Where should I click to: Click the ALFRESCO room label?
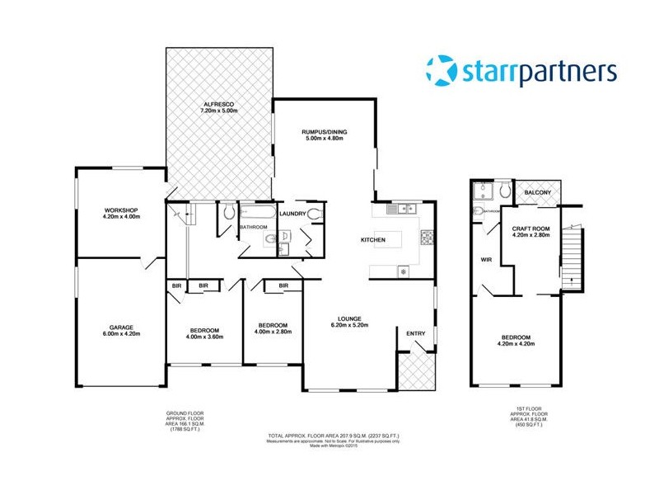point(220,103)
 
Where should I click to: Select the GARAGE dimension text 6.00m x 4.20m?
point(121,334)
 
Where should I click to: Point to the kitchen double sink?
point(402,210)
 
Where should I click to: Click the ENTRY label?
point(417,332)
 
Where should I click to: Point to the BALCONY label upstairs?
point(543,193)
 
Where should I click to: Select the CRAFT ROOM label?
point(530,229)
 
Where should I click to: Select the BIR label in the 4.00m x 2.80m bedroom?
point(283,286)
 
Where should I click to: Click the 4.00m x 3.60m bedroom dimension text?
point(204,337)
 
